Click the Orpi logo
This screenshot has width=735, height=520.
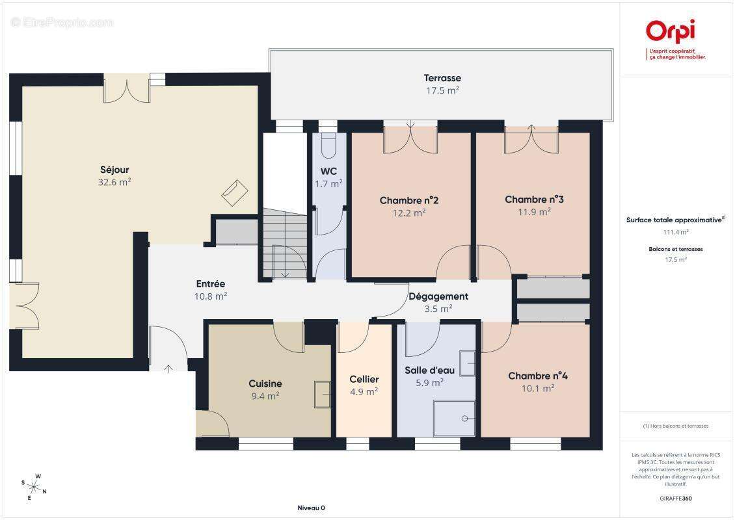point(671,31)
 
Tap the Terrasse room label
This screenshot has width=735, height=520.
point(442,78)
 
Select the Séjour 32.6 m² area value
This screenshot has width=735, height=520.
point(114,182)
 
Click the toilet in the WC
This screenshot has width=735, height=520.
point(328,145)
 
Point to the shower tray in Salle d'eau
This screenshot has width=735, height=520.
point(454,419)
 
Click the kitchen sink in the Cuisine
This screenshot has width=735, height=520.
point(323,395)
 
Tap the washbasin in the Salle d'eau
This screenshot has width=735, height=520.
point(468,363)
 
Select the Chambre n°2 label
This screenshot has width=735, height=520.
point(408,200)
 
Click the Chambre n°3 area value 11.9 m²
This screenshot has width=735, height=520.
point(534,212)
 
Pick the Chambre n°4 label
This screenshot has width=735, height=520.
point(538,376)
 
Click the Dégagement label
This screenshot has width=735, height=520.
point(438,296)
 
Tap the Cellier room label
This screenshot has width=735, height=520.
point(364,380)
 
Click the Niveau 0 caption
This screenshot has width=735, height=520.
point(312,508)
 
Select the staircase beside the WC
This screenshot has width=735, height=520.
point(284,244)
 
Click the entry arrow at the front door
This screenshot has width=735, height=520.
point(168,369)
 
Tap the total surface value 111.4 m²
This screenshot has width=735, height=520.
point(675,232)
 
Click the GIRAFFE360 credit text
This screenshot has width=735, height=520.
point(675,499)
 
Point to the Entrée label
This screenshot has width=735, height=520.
point(211,284)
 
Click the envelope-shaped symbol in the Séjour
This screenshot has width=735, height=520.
point(234,192)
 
